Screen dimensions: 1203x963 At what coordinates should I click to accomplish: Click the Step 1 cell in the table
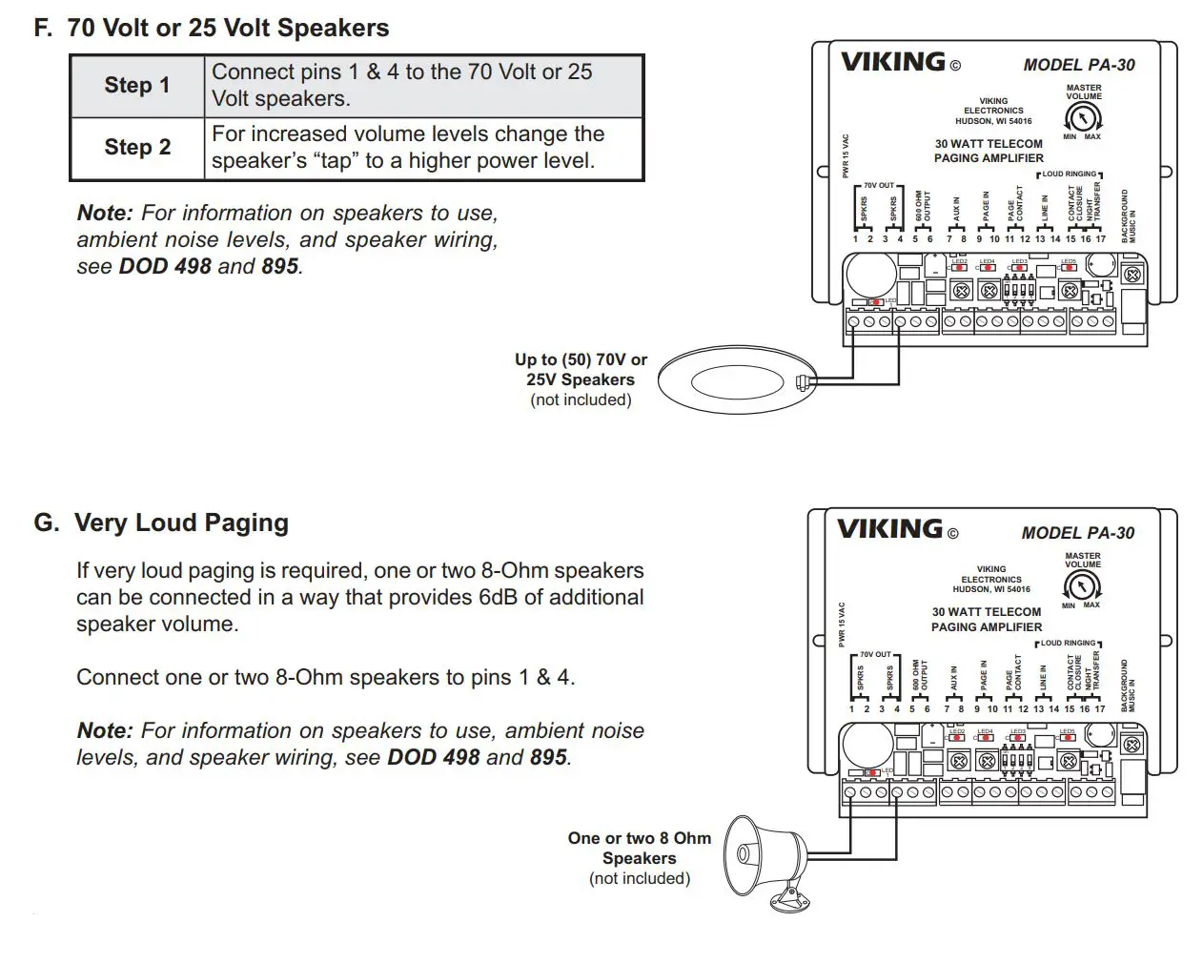tap(137, 86)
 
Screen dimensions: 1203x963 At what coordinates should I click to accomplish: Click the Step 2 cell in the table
tap(137, 148)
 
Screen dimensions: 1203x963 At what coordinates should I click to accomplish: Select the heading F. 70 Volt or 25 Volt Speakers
tap(212, 28)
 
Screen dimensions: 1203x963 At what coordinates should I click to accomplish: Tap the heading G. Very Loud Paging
tap(162, 522)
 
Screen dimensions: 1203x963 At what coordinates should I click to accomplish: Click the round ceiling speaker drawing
tap(736, 380)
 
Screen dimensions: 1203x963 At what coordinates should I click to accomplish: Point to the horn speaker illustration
tap(767, 858)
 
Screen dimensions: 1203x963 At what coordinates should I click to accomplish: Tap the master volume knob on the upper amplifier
tap(1083, 117)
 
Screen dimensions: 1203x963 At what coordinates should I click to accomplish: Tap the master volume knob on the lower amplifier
tap(1082, 585)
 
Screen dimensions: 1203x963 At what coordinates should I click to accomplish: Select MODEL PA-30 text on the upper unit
tap(1079, 65)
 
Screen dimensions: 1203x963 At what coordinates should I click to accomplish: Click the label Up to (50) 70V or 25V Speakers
tap(581, 370)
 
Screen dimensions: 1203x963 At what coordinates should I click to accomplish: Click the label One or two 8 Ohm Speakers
tap(639, 848)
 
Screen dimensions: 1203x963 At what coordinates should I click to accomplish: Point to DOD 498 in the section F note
tap(164, 267)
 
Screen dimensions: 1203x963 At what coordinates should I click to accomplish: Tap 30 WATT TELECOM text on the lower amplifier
tap(987, 612)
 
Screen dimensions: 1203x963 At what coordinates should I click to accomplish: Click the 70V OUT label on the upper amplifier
tap(879, 186)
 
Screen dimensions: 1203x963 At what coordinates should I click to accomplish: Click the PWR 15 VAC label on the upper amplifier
tap(846, 155)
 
